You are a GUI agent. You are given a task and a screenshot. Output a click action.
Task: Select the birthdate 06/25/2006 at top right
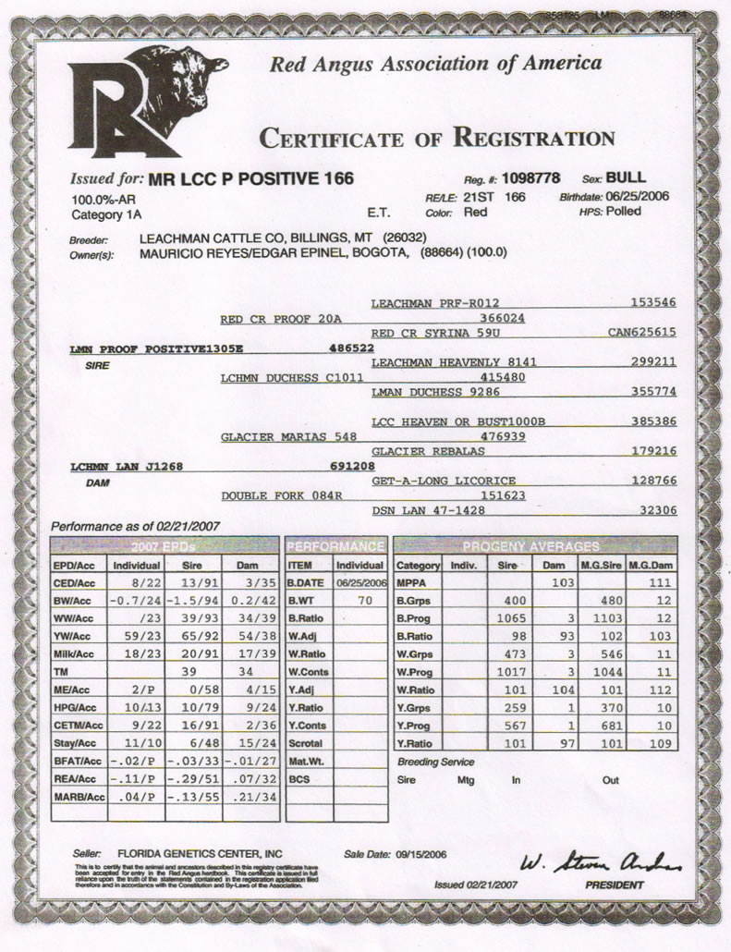pyautogui.click(x=639, y=197)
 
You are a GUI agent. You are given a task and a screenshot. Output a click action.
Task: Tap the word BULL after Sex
pyautogui.click(x=627, y=177)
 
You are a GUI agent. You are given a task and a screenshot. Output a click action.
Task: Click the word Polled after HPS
pyautogui.click(x=624, y=212)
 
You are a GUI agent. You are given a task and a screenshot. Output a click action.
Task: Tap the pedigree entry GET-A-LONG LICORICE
pyautogui.click(x=431, y=481)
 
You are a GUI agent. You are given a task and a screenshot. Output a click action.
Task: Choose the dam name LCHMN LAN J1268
pyautogui.click(x=126, y=467)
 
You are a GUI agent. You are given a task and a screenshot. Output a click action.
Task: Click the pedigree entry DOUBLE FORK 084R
pyautogui.click(x=269, y=495)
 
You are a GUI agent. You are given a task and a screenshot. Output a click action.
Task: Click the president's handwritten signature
pyautogui.click(x=601, y=863)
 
